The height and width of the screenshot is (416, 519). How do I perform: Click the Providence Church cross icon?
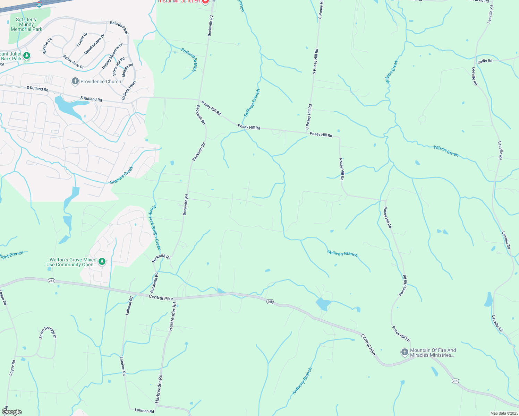75,81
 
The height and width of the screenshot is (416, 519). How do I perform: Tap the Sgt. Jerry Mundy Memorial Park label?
26,25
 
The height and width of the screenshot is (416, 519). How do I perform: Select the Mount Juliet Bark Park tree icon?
27,55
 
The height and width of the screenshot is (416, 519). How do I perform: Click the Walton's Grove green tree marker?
102,262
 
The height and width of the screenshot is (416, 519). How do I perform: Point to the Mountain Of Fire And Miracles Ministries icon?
405,353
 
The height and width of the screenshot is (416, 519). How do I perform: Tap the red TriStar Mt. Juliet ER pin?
205,1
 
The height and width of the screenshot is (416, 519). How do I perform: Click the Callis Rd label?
485,61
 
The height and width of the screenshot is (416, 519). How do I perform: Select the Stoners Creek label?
121,175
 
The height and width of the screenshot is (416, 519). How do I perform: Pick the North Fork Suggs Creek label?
155,228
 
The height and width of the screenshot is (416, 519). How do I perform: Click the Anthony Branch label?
302,381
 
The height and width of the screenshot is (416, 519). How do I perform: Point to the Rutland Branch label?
189,60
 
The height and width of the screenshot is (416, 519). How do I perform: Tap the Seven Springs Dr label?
48,333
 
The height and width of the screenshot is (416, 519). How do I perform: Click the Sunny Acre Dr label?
73,62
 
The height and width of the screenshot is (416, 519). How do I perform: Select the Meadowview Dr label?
94,44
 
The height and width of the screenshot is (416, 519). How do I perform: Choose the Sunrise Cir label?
47,46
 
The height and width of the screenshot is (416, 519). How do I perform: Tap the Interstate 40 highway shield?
39,5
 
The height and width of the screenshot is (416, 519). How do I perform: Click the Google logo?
11,412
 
